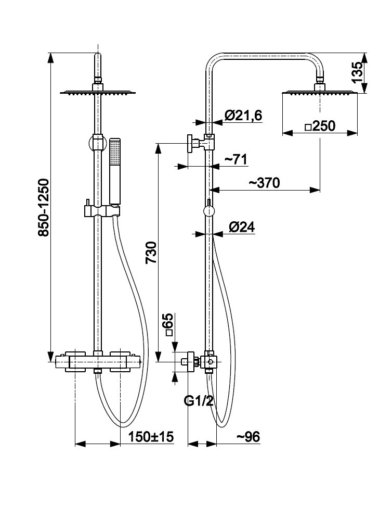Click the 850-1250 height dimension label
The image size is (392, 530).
(44, 208)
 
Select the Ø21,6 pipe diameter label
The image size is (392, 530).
(243, 116)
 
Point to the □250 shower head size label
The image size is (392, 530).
(320, 127)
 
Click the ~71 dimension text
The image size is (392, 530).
(235, 159)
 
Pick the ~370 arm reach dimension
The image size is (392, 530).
(264, 183)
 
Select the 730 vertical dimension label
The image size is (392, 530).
(151, 253)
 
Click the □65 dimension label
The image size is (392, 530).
(168, 326)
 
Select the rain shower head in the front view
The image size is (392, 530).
(97, 92)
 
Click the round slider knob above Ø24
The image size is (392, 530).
(208, 211)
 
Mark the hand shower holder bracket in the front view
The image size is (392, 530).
(101, 211)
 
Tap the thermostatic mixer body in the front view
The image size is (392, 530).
(97, 361)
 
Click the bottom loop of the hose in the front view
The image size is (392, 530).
(125, 422)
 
